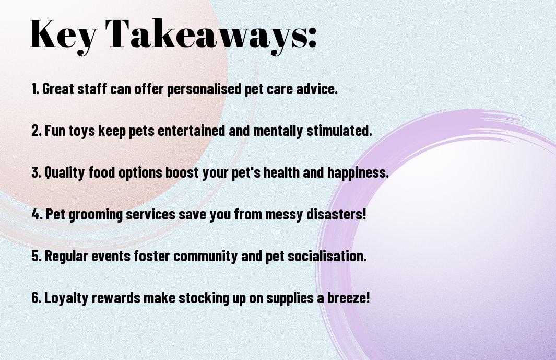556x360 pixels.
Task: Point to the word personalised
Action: pyautogui.click(x=204, y=89)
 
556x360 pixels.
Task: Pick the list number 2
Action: pyautogui.click(x=36, y=131)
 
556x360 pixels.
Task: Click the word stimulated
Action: pyautogui.click(x=339, y=131)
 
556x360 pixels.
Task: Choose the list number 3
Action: pyautogui.click(x=36, y=172)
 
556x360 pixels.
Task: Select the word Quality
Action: pyautogui.click(x=65, y=173)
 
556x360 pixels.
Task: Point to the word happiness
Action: pyautogui.click(x=358, y=173)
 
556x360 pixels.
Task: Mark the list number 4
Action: pyautogui.click(x=37, y=214)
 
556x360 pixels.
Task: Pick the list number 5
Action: pyautogui.click(x=37, y=256)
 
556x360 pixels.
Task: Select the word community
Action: pyautogui.click(x=206, y=257)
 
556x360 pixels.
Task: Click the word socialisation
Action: pyautogui.click(x=327, y=256)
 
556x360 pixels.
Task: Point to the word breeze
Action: pyautogui.click(x=348, y=297)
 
